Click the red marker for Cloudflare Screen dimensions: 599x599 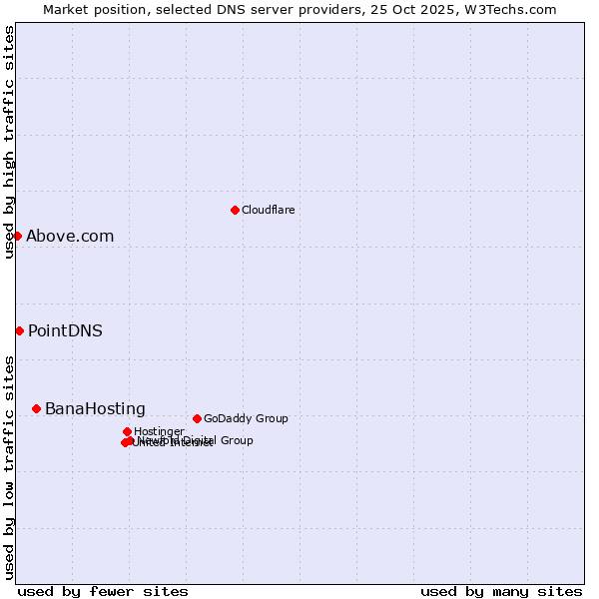pos(235,210)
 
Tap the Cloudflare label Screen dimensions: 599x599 pos(268,210)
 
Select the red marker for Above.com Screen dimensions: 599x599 pos(17,236)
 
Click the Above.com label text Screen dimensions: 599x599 pos(70,237)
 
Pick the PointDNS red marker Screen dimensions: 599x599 pos(19,330)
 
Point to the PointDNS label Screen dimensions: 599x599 pos(65,331)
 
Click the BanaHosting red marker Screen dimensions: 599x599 pos(36,408)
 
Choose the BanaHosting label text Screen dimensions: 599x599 pos(95,409)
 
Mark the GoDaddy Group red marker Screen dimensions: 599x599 pos(197,418)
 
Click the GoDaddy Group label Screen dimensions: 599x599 pos(246,418)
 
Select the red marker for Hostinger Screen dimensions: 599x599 pos(127,431)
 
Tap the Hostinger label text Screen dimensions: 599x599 pos(159,431)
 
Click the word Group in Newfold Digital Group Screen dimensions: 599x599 pos(236,440)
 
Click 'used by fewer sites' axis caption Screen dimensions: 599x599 pos(103,591)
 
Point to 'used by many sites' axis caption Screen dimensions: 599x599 pos(501,591)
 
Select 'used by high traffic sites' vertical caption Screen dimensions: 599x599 pos(9,142)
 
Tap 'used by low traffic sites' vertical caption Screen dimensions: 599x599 pos(9,467)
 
